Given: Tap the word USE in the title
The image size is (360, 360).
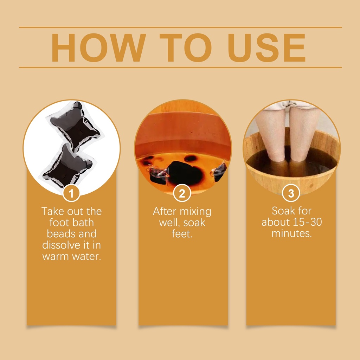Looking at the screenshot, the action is [x=266, y=48].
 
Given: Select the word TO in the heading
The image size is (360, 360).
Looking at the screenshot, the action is [x=185, y=48].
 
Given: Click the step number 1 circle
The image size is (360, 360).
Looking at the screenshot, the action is [x=71, y=193].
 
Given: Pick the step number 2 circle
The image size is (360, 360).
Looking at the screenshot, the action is [x=182, y=193].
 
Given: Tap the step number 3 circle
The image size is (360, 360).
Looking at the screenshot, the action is [x=291, y=193].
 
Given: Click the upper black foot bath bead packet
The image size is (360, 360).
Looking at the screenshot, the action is [x=75, y=126].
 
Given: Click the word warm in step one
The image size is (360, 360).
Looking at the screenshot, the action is [x=56, y=257].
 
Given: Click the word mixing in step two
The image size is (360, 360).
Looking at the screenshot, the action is [x=196, y=212].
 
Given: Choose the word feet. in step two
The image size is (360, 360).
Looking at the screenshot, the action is [x=182, y=234].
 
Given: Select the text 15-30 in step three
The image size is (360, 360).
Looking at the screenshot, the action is [x=307, y=222].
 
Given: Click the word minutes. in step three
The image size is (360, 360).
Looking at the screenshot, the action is [x=291, y=233].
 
